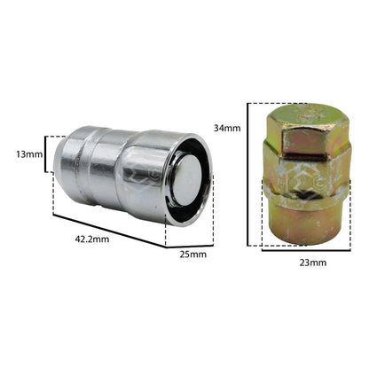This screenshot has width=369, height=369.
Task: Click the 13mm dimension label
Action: click(x=29, y=154)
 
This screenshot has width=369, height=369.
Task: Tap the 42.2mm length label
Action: click(x=92, y=239)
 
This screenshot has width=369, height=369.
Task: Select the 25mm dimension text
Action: click(x=193, y=255)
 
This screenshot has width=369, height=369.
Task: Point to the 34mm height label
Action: click(x=227, y=128)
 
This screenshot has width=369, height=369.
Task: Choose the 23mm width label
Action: click(x=313, y=263)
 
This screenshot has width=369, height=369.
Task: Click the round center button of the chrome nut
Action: click(x=186, y=180)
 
